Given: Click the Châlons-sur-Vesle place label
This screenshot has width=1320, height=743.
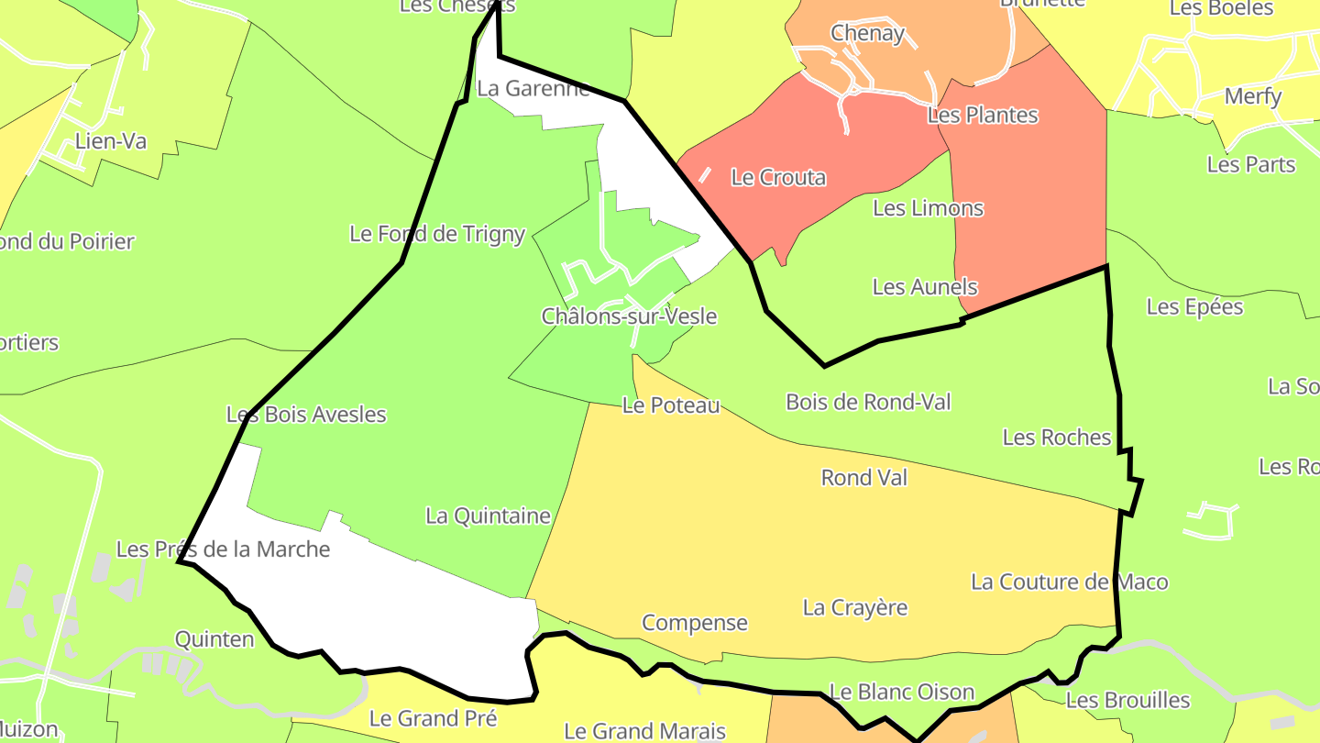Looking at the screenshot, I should (x=629, y=316).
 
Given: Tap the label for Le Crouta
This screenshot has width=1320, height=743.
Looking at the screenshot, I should (x=778, y=177).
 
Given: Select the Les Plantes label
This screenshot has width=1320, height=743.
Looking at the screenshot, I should (x=983, y=115).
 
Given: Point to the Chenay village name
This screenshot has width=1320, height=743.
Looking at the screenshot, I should (x=867, y=33).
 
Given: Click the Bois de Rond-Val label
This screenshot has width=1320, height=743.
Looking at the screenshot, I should (x=868, y=402).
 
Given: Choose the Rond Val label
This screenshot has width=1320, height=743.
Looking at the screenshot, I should (x=863, y=477).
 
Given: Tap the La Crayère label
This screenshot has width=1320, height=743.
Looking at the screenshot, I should (x=855, y=607).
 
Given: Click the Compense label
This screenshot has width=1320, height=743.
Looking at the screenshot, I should (x=695, y=623).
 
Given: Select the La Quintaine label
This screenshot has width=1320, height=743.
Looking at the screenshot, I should (x=488, y=516).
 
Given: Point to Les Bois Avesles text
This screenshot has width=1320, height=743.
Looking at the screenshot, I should (x=306, y=415).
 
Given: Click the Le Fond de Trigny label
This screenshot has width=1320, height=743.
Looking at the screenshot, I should (x=437, y=234).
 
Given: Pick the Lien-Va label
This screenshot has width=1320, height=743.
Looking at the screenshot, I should (x=111, y=141).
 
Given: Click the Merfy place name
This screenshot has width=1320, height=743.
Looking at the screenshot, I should (x=1253, y=96).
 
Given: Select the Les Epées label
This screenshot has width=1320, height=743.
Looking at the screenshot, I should (x=1194, y=306).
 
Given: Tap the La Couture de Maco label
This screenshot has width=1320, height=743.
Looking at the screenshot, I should (x=1070, y=582).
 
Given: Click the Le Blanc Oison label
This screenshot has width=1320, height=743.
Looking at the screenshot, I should (x=901, y=692).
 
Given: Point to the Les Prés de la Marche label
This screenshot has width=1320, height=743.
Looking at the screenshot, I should (x=223, y=549).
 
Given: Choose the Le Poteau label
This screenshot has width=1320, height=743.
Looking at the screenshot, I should (x=671, y=405).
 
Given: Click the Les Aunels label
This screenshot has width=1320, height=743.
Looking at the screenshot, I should (x=925, y=287).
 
